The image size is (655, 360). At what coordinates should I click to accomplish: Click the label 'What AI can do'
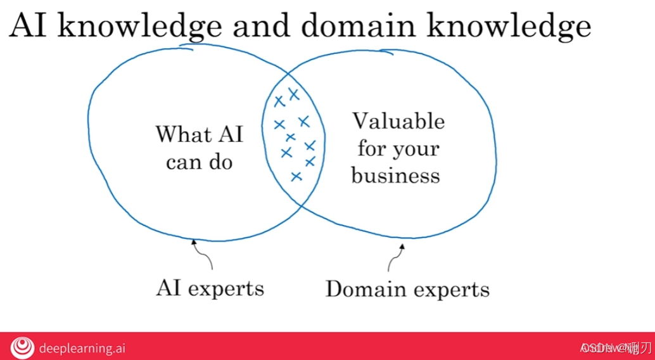pyautogui.click(x=200, y=148)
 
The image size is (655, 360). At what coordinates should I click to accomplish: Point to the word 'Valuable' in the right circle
pyautogui.click(x=398, y=121)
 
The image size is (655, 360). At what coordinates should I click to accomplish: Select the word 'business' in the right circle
pyautogui.click(x=395, y=175)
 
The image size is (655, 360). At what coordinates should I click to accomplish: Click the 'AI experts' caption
pyautogui.click(x=210, y=288)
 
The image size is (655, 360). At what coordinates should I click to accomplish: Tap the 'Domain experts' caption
pyautogui.click(x=407, y=290)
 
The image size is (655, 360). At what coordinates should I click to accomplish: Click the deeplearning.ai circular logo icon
pyautogui.click(x=23, y=347)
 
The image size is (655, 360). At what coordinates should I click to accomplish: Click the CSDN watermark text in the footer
pyautogui.click(x=615, y=347)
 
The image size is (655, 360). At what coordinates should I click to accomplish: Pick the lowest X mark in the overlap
pyautogui.click(x=296, y=176)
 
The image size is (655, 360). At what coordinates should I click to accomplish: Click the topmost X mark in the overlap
pyautogui.click(x=293, y=94)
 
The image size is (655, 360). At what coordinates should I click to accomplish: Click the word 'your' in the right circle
pyautogui.click(x=416, y=149)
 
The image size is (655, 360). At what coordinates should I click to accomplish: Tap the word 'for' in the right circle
pyautogui.click(x=371, y=149)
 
